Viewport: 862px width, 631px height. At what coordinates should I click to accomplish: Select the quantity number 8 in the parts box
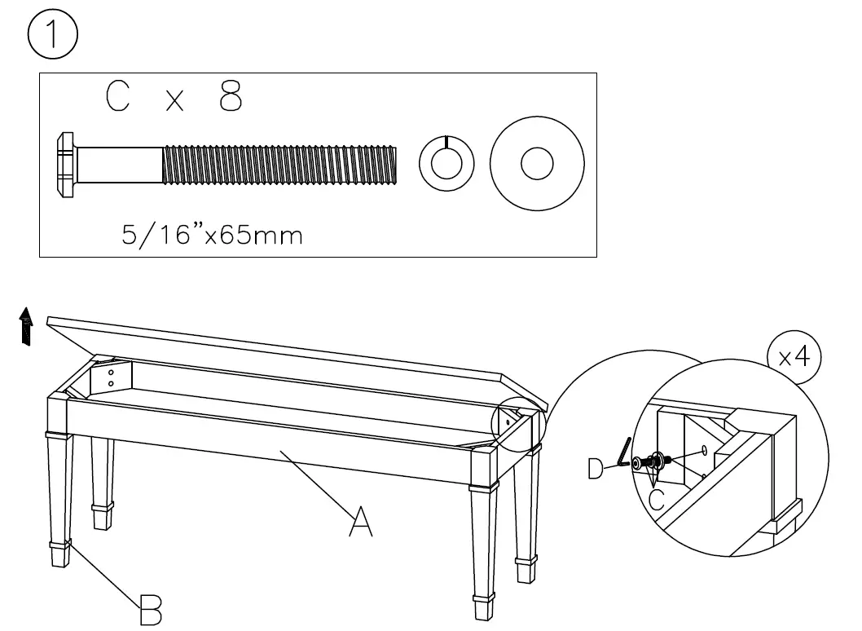click(231, 98)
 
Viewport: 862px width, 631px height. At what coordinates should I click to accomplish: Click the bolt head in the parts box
click(66, 165)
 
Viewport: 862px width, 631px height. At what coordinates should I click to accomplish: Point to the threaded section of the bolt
click(279, 165)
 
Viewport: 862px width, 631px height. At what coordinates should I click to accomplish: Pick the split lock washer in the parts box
click(446, 163)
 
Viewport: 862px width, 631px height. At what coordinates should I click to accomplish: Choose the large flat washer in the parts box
click(537, 163)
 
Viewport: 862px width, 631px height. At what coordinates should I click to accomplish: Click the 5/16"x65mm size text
click(212, 236)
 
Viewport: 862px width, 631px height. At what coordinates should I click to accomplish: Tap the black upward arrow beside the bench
click(28, 328)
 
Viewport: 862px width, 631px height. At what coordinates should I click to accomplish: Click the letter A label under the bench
click(360, 522)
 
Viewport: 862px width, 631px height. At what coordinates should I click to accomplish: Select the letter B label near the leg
click(151, 609)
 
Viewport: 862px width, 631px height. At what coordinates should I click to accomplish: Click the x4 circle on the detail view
click(794, 359)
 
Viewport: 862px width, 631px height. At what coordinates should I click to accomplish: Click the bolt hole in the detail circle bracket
click(702, 450)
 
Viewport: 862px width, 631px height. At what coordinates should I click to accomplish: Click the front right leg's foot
click(483, 609)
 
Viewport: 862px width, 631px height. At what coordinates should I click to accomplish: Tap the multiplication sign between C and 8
click(174, 101)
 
